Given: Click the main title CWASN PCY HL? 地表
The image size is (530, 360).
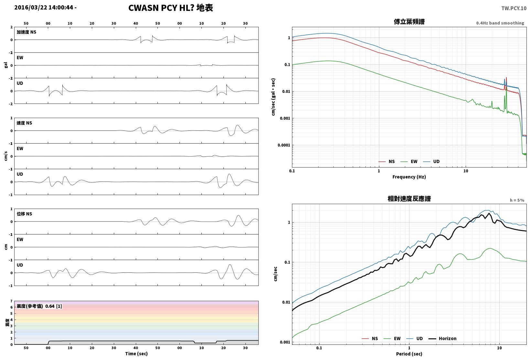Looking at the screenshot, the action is click(x=171, y=8).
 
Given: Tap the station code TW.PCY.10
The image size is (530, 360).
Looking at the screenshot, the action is click(x=514, y=8).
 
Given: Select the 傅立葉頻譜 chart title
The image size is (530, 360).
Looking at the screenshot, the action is click(x=409, y=22).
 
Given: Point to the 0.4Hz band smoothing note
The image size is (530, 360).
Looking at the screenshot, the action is click(x=500, y=23).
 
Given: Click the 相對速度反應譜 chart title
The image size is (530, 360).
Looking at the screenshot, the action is click(x=409, y=199).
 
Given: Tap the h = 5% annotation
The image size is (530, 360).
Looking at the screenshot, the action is click(x=517, y=200).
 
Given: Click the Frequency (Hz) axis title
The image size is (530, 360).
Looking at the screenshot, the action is click(x=409, y=177).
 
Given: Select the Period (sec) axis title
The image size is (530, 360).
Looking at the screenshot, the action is click(x=409, y=354).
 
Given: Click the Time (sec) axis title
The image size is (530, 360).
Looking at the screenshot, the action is click(x=136, y=354).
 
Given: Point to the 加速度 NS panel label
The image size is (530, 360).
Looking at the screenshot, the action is click(x=27, y=32).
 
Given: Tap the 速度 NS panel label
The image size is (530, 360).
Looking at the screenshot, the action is click(x=24, y=123).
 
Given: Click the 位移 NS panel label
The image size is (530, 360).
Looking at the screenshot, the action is click(x=24, y=214).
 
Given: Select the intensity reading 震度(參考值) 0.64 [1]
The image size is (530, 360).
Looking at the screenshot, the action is click(x=39, y=306).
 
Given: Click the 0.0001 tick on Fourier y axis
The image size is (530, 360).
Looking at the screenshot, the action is click(x=284, y=145).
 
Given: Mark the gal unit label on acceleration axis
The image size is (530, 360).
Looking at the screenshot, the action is click(x=6, y=65).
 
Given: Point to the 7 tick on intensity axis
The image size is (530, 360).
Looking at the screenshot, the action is click(x=11, y=301).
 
